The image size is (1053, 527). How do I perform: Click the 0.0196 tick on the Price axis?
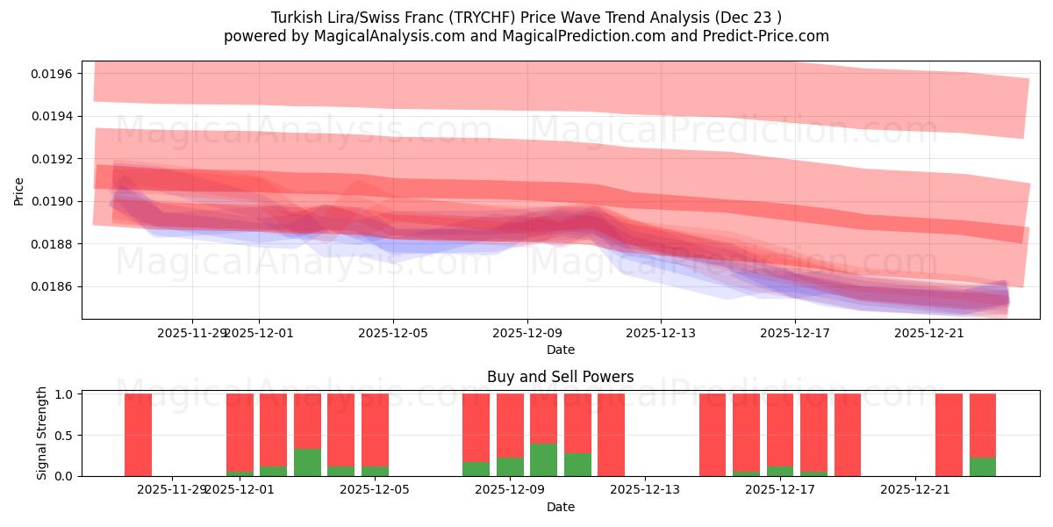pyautogui.click(x=53, y=73)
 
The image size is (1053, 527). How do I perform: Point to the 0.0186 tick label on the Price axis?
pyautogui.click(x=53, y=286)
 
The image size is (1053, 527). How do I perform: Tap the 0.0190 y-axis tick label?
pyautogui.click(x=53, y=201)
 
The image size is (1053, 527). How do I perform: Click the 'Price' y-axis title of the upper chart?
pyautogui.click(x=19, y=190)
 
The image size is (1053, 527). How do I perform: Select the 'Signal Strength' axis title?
pyautogui.click(x=42, y=435)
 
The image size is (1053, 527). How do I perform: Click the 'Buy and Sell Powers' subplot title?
pyautogui.click(x=560, y=377)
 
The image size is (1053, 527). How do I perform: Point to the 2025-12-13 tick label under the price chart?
pyautogui.click(x=661, y=333)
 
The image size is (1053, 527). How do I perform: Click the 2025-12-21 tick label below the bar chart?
pyautogui.click(x=915, y=489)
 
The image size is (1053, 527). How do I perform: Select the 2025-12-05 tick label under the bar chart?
pyautogui.click(x=375, y=489)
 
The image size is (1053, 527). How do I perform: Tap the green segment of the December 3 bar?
pyautogui.click(x=307, y=462)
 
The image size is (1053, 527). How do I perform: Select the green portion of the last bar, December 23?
pyautogui.click(x=983, y=466)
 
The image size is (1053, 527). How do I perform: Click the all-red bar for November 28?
pyautogui.click(x=138, y=435)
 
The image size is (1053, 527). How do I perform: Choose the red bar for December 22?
pyautogui.click(x=949, y=435)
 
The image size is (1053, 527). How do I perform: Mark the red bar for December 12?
pyautogui.click(x=611, y=435)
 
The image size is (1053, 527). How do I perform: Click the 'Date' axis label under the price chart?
pyautogui.click(x=560, y=350)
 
